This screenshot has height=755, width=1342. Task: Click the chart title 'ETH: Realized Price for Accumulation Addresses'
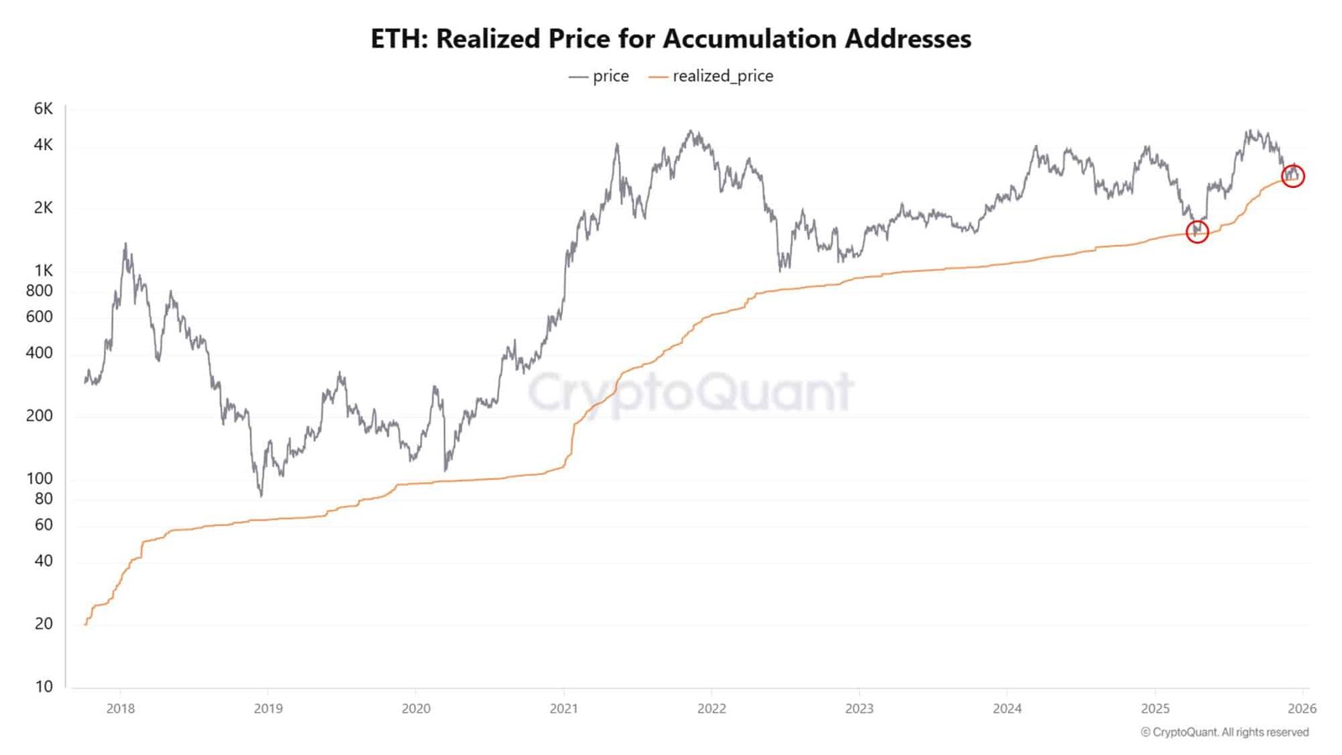pyautogui.click(x=671, y=39)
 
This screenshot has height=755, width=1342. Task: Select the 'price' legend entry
pyautogui.click(x=599, y=76)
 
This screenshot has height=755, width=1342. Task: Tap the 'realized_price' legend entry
pyautogui.click(x=711, y=76)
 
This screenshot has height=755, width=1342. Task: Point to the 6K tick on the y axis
pyautogui.click(x=43, y=108)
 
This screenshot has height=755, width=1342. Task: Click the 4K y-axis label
pyautogui.click(x=43, y=144)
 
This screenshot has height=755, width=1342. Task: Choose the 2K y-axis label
pyautogui.click(x=43, y=207)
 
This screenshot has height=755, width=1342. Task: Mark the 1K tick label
pyautogui.click(x=44, y=270)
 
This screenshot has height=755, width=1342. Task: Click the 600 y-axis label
pyautogui.click(x=39, y=316)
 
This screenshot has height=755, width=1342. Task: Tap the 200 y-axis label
pyautogui.click(x=39, y=415)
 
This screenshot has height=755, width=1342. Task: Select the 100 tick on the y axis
pyautogui.click(x=39, y=478)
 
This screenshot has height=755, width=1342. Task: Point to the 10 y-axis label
pyautogui.click(x=44, y=686)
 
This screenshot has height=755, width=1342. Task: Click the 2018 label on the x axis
pyautogui.click(x=121, y=708)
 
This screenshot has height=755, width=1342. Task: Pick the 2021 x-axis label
pyautogui.click(x=564, y=708)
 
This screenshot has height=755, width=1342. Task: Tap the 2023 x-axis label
pyautogui.click(x=859, y=708)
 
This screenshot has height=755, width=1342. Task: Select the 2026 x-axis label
pyautogui.click(x=1302, y=708)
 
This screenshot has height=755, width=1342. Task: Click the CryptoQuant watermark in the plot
pyautogui.click(x=691, y=392)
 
